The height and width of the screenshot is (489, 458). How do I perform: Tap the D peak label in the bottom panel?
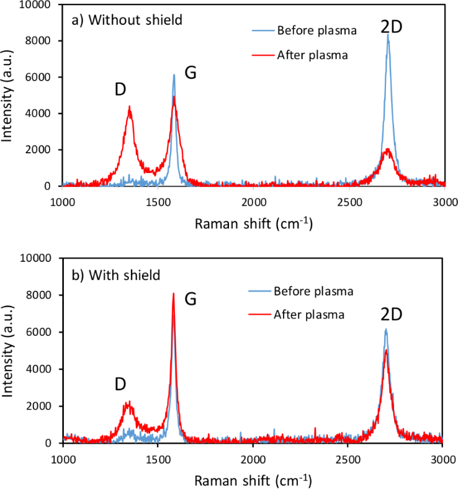pyautogui.click(x=121, y=384)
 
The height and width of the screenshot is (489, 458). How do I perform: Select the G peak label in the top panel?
pyautogui.click(x=191, y=73)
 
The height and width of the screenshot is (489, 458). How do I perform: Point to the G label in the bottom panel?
pyautogui.click(x=191, y=299)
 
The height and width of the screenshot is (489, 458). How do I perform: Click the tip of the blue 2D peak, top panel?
pyautogui.click(x=388, y=34)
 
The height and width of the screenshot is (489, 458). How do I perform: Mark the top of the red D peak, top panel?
pyautogui.click(x=130, y=107)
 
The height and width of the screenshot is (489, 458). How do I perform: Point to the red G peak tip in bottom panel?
pyautogui.click(x=174, y=294)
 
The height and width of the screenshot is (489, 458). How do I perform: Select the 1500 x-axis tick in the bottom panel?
pyautogui.click(x=158, y=458)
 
